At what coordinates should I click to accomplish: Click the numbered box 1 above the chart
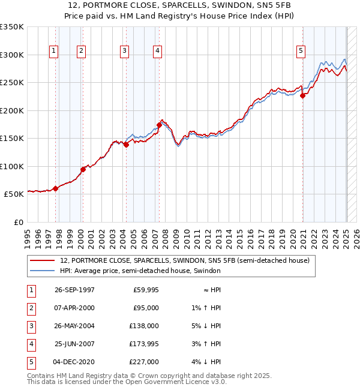click(54, 51)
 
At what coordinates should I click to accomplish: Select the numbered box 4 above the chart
click(157, 51)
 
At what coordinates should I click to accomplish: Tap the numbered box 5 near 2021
click(300, 51)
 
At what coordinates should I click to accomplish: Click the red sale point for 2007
click(159, 125)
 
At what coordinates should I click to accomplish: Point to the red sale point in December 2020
click(303, 95)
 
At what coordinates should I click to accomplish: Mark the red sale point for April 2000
click(83, 169)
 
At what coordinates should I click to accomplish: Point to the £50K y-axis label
click(13, 194)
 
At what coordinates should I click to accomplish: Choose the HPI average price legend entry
click(140, 271)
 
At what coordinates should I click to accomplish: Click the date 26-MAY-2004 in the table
click(74, 326)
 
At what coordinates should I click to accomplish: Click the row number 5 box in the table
click(29, 362)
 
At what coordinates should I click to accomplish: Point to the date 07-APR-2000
click(74, 308)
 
